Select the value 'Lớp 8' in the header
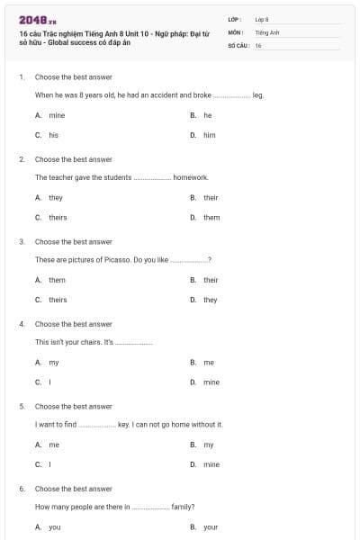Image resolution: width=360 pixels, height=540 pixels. (262, 19)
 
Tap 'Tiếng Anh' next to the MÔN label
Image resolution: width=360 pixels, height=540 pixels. (265, 31)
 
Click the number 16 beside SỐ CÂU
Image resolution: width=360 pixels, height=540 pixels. (258, 44)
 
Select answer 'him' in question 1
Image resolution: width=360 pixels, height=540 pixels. (209, 135)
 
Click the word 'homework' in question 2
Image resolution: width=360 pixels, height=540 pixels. (191, 177)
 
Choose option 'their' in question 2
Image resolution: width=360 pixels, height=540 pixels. (211, 197)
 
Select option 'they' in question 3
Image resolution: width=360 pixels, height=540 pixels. (210, 300)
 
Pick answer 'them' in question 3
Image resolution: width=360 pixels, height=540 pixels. (57, 280)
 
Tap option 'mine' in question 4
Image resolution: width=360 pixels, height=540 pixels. (211, 382)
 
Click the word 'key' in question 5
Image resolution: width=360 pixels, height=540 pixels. (123, 425)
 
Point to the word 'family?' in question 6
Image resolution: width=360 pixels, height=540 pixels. (184, 507)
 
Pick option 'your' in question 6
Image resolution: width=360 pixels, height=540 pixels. (211, 527)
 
